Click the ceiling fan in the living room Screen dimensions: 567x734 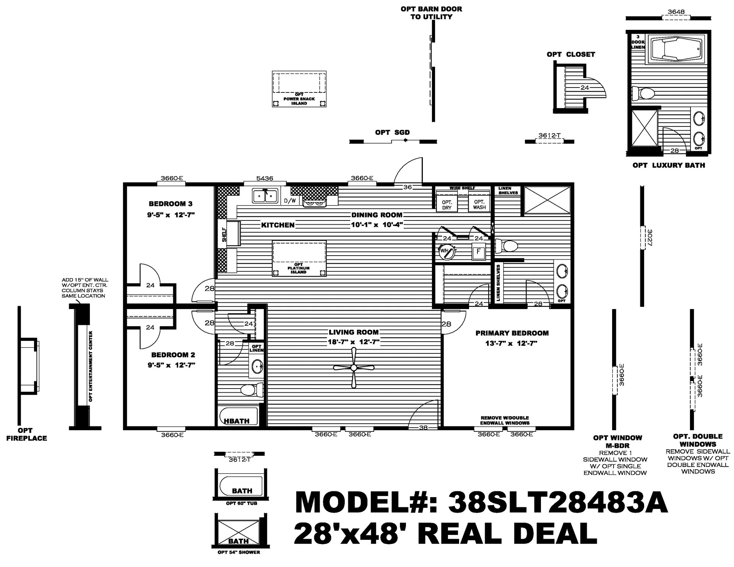354,368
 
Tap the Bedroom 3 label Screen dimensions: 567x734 171,204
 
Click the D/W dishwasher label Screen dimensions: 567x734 290,201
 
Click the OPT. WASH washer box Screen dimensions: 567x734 479,204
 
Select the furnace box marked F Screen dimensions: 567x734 478,252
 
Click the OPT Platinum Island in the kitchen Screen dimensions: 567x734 299,258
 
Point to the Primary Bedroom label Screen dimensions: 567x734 512,333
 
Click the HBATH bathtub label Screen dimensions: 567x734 237,421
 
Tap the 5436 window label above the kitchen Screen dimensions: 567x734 265,178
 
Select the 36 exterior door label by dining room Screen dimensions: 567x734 408,187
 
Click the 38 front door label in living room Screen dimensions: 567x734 423,428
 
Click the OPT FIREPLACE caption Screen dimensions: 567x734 26,434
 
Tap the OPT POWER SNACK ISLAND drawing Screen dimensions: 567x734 299,89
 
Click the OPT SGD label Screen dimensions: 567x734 392,133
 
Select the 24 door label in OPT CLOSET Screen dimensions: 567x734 585,87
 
